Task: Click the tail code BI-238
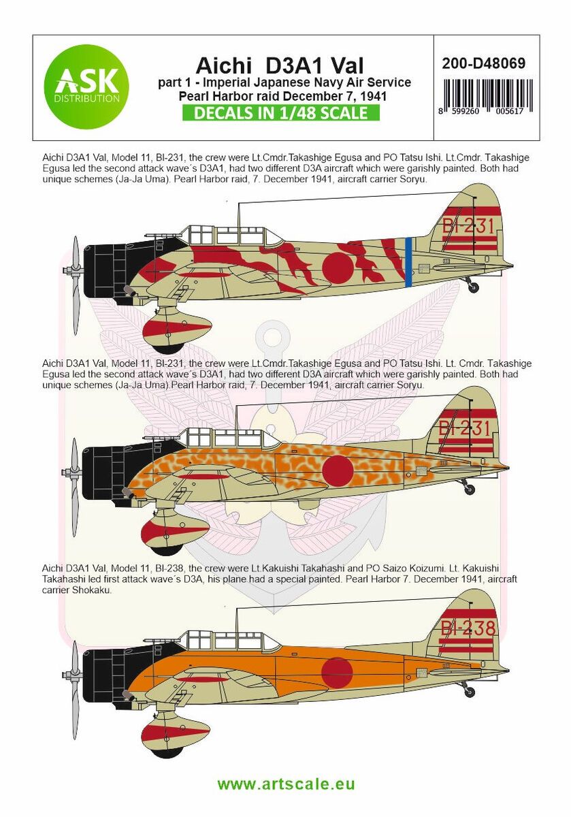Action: point(467,627)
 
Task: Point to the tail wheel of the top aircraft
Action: point(472,287)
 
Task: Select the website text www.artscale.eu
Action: point(286,784)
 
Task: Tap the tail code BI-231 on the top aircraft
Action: point(467,227)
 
